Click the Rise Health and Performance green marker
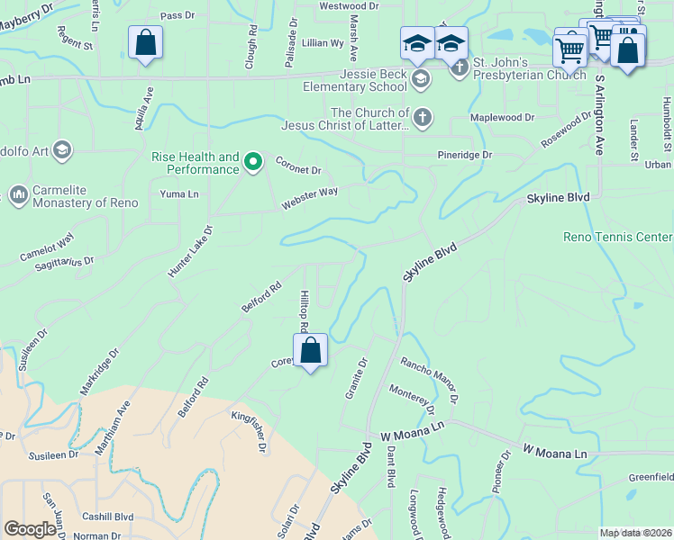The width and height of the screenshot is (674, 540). coord(254,162)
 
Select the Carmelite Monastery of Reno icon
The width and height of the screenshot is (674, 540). coord(18,193)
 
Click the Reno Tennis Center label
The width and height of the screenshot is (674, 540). coord(617,237)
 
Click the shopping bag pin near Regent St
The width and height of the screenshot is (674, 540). coord(145,43)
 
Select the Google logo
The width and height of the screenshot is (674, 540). coord(31,529)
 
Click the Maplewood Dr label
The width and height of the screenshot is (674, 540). coord(503,118)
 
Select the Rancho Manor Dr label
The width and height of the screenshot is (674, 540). coord(431,379)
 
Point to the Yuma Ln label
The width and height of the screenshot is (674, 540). coord(178,193)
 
